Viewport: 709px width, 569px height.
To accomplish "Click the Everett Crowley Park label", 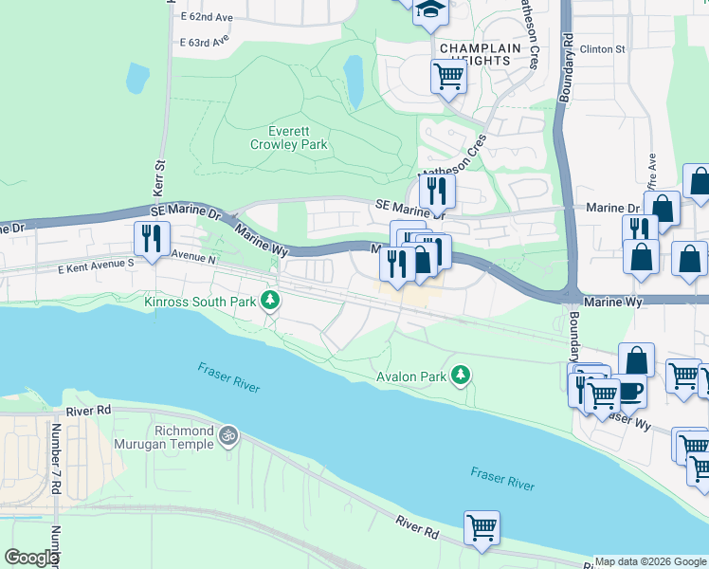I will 288,138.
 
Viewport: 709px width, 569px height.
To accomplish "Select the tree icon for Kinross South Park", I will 271,301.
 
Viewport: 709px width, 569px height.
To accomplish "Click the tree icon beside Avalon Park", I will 461,376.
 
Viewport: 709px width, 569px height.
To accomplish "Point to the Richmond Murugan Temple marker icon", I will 227,435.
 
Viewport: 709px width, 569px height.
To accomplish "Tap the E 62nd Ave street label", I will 205,17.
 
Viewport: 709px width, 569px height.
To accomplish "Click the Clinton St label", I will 603,48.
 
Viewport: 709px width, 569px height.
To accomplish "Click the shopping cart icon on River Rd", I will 482,527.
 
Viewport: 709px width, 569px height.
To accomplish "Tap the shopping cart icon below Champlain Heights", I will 448,76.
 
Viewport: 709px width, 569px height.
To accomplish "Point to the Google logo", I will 31,558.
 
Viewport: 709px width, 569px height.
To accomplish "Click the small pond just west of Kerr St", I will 137,78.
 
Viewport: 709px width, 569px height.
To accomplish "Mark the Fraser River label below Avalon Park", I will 502,484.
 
